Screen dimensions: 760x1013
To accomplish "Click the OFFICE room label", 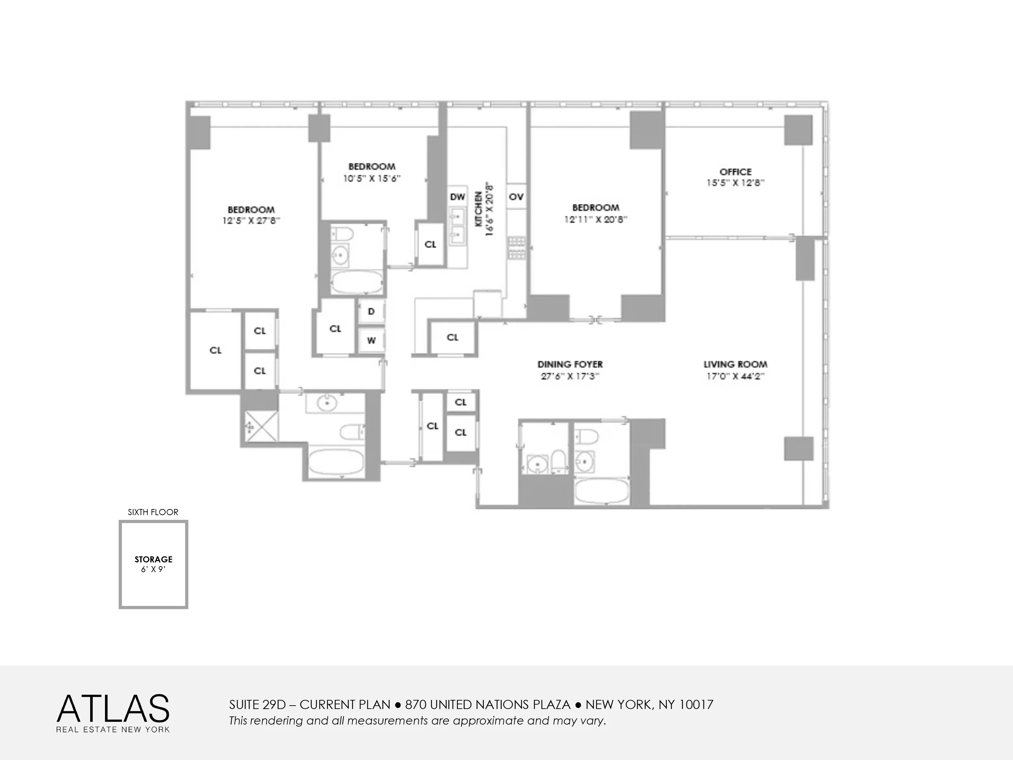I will pyautogui.click(x=735, y=172).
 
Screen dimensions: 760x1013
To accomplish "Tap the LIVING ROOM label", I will pyautogui.click(x=735, y=364).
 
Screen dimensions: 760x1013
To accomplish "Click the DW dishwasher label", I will pyautogui.click(x=457, y=197).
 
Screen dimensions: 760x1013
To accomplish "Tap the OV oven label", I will pyautogui.click(x=516, y=197).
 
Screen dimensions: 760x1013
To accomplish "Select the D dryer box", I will pyautogui.click(x=371, y=311).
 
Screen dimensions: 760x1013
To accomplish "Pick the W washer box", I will pyautogui.click(x=371, y=340).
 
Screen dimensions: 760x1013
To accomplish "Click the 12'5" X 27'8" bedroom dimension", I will pyautogui.click(x=251, y=221).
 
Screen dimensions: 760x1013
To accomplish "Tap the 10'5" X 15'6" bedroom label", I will pyautogui.click(x=371, y=179).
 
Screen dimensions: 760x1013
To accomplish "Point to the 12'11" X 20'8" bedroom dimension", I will pyautogui.click(x=595, y=220).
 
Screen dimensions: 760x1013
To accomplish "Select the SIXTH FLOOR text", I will pyautogui.click(x=153, y=512).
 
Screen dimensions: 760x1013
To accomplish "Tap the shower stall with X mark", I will pyautogui.click(x=261, y=427).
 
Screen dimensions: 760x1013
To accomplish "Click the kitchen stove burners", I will pyautogui.click(x=516, y=248).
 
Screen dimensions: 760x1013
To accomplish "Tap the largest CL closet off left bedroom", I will pyautogui.click(x=215, y=351).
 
